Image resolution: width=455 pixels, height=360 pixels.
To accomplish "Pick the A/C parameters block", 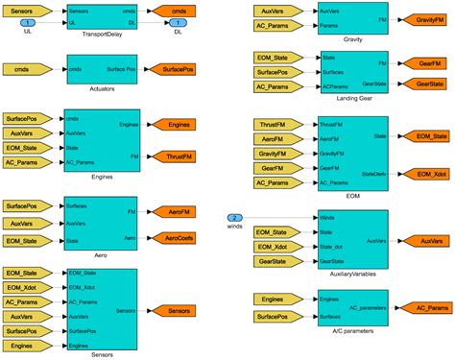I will click(353, 307).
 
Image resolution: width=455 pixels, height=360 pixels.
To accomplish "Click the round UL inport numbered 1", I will click(27, 21).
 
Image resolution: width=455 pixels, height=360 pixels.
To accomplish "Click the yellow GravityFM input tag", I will click(277, 154).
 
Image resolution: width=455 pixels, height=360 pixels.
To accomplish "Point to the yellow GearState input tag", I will click(277, 261).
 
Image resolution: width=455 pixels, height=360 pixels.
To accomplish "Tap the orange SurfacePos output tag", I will click(178, 70).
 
